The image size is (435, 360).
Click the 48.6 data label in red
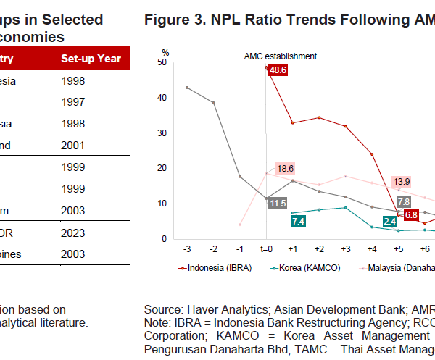tap(278, 70)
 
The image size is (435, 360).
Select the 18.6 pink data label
tap(285, 168)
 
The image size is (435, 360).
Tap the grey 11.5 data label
tap(277, 204)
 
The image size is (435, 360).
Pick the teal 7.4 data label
tap(297, 222)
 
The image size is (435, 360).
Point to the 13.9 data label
tap(402, 181)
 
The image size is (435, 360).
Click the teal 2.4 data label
tap(389, 221)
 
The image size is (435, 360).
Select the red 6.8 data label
tap(411, 215)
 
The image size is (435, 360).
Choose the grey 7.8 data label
tap(404, 201)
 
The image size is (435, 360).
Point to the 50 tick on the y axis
tap(162, 62)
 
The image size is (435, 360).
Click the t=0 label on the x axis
tap(266, 248)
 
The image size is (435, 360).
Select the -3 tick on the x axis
tap(187, 248)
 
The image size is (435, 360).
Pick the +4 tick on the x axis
tap(372, 248)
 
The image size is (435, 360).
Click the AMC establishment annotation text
tap(280, 56)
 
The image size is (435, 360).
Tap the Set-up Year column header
tap(91, 59)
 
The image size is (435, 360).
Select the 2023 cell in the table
tap(73, 233)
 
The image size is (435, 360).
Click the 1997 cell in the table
tap(73, 103)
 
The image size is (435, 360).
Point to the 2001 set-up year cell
tap(73, 146)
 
